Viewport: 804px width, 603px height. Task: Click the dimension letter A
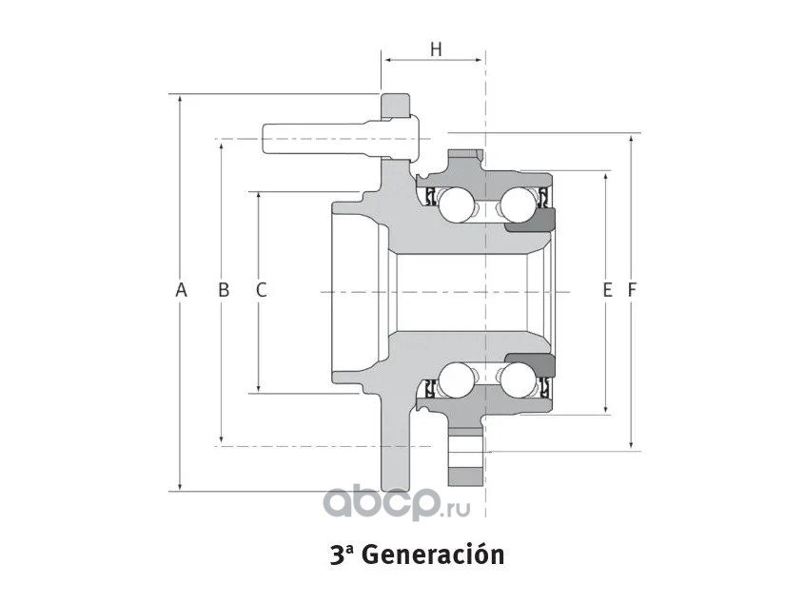tap(181, 290)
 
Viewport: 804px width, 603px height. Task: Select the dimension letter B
tap(224, 290)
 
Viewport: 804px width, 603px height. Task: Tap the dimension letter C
tap(261, 290)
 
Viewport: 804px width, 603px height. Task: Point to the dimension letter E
tap(607, 290)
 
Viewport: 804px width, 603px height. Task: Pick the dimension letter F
tap(631, 290)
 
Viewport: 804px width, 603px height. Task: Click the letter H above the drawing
tap(436, 49)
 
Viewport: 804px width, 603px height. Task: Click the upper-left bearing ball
tap(455, 203)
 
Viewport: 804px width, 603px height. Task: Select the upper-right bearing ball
tap(519, 203)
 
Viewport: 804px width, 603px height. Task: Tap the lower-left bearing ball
tap(456, 380)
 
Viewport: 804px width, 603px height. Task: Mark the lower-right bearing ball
tap(519, 380)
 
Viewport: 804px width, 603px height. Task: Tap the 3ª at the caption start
tap(342, 554)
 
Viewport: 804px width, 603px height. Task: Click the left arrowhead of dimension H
tap(387, 60)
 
